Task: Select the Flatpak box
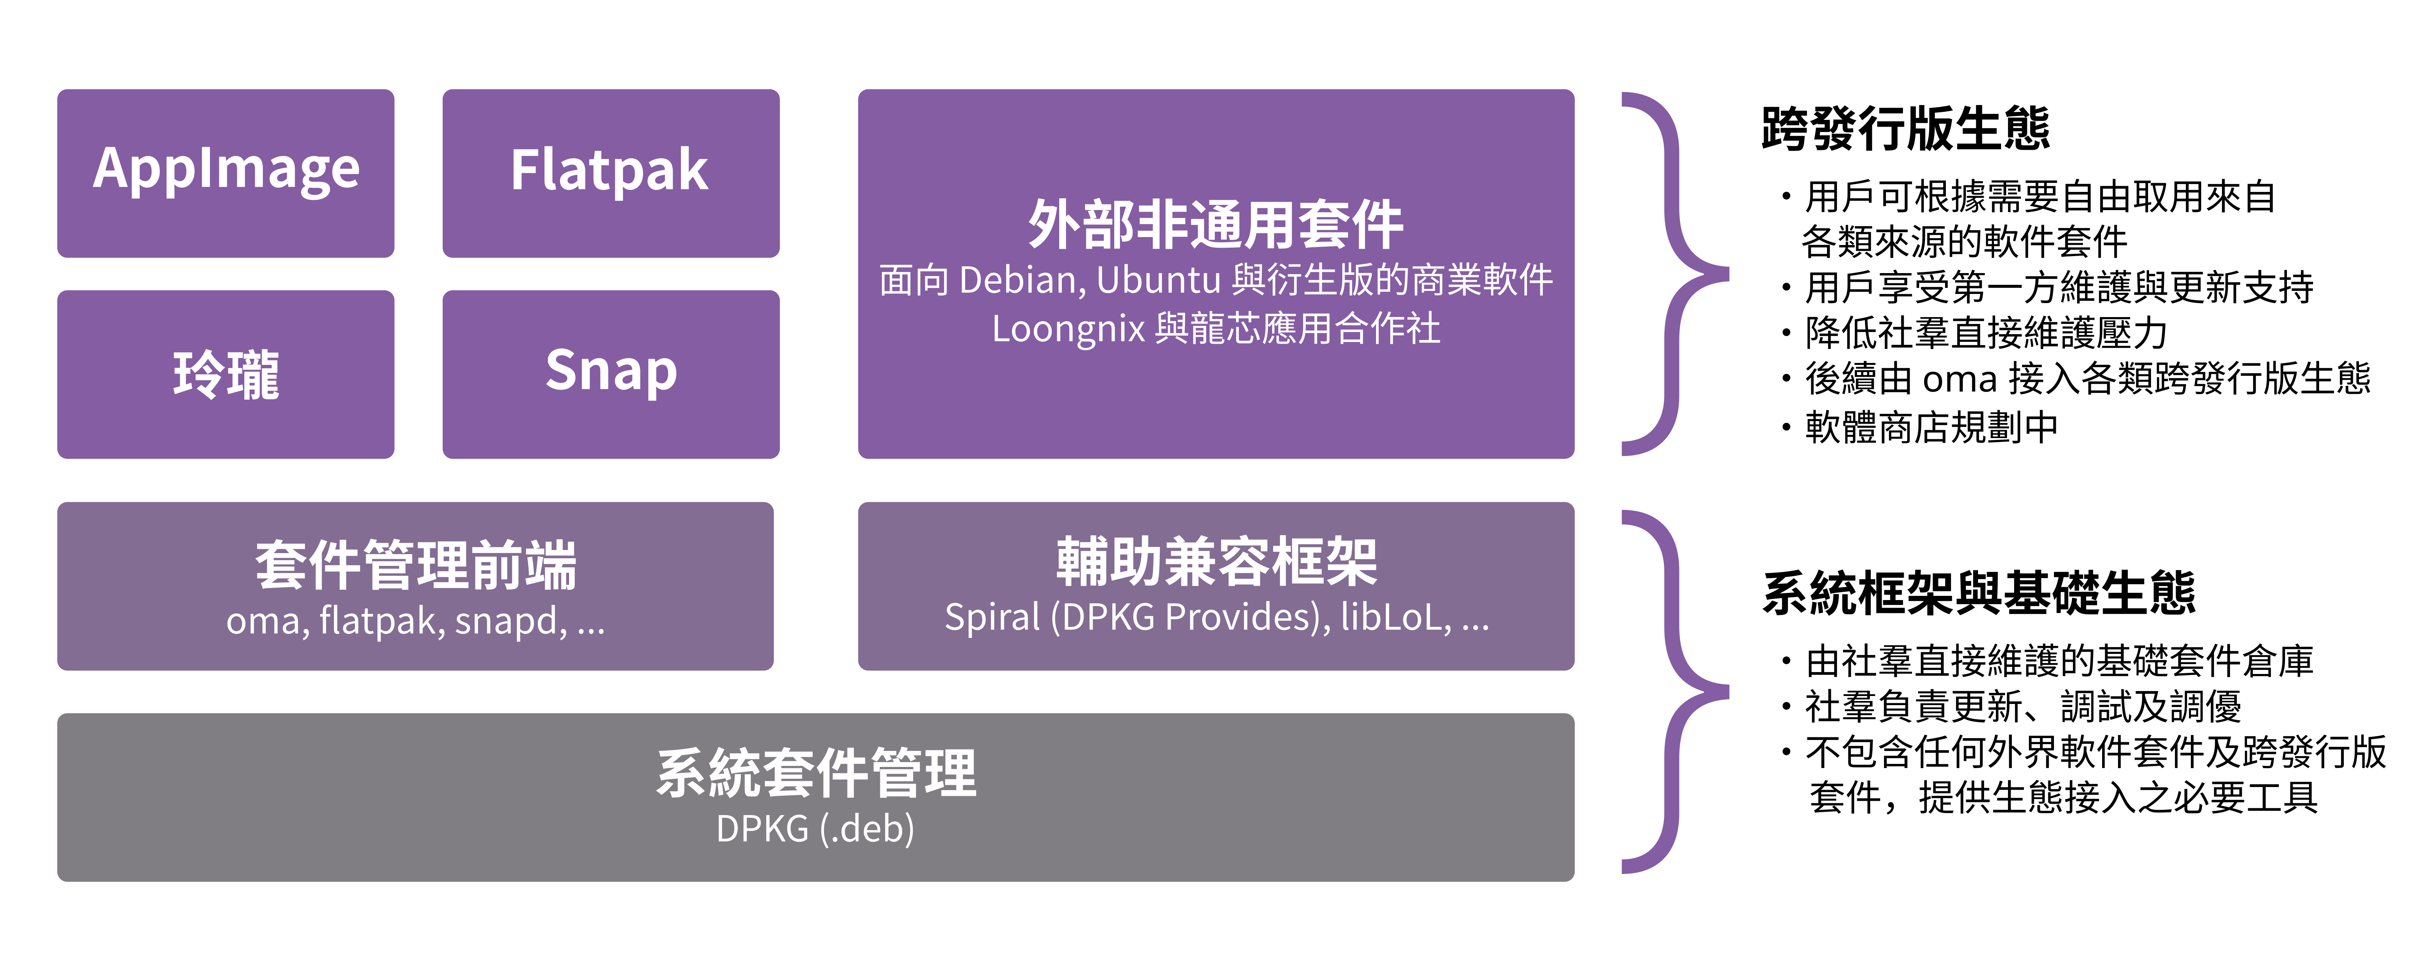[611, 173]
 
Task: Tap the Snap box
[611, 374]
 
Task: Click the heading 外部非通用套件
[1216, 225]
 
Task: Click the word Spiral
[992, 617]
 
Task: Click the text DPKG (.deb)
[815, 830]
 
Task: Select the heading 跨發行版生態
[1905, 129]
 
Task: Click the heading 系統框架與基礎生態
[1978, 594]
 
